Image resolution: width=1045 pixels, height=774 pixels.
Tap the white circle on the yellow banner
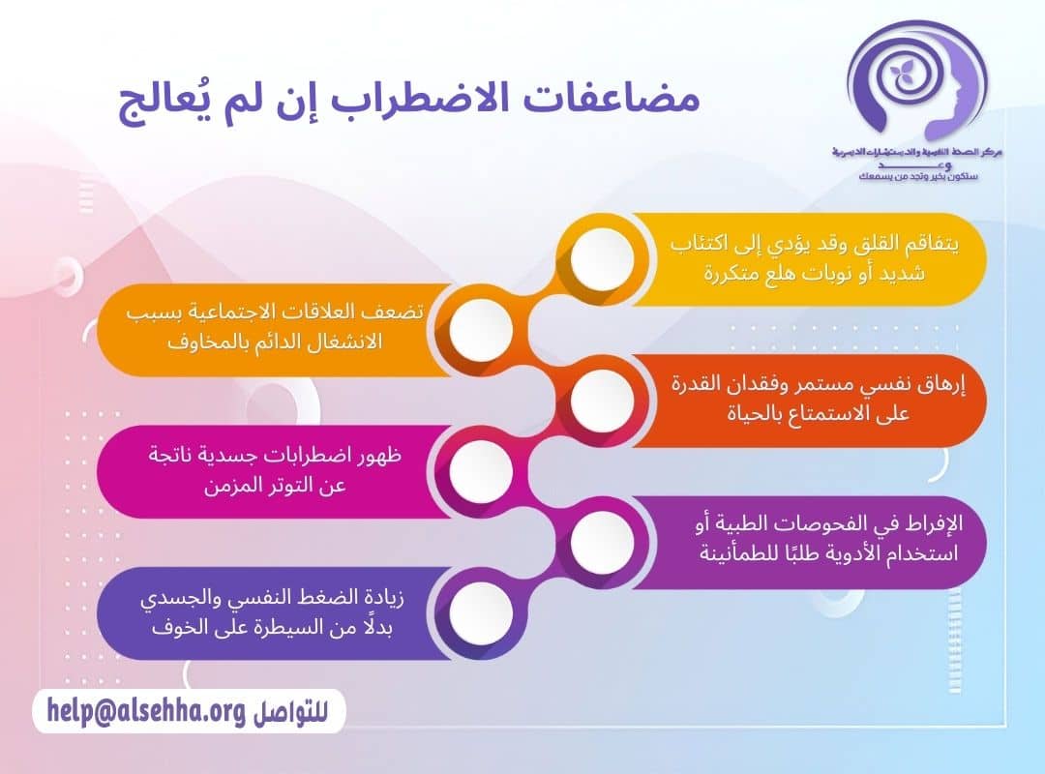(x=602, y=257)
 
